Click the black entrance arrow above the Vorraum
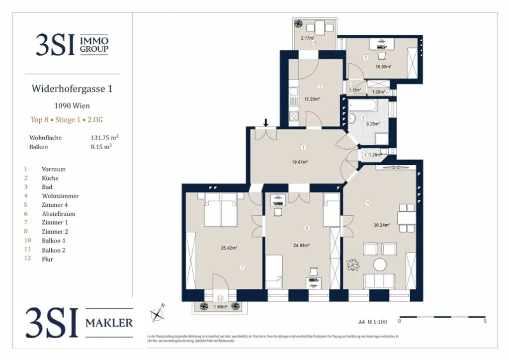pos(267,122)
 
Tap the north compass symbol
pos(158,313)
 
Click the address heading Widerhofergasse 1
pos(72,90)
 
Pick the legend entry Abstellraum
pos(58,214)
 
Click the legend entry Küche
pos(50,178)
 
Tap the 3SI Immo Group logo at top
pos(72,44)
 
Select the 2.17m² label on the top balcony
pos(308,38)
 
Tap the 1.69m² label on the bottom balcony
pos(220,307)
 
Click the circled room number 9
pos(367,202)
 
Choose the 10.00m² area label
pos(383,67)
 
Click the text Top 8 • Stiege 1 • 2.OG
pos(67,120)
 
